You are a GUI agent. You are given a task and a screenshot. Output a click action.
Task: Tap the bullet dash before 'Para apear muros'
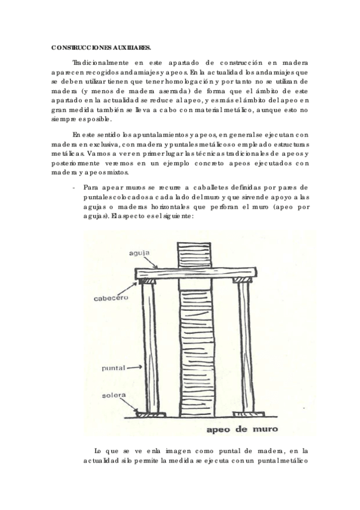[x=73, y=187]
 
